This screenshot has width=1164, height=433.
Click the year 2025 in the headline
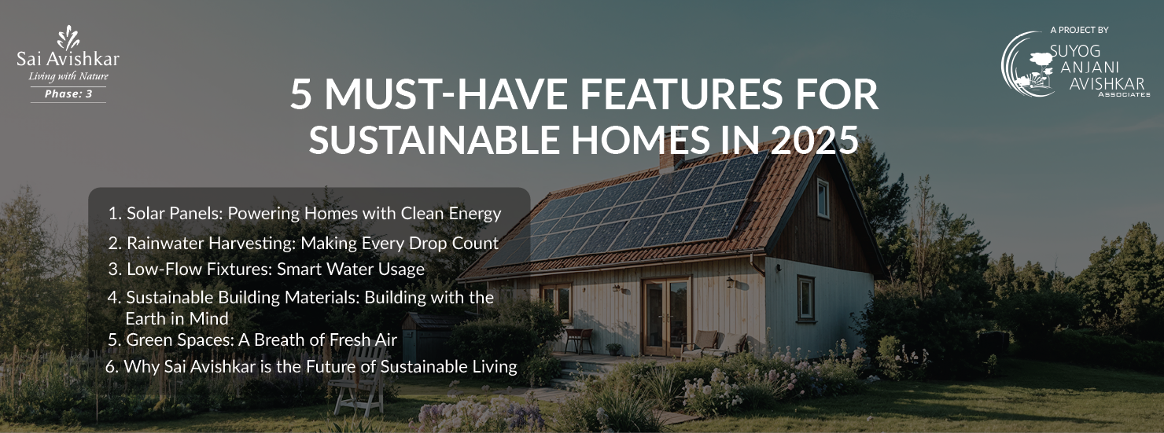click(x=814, y=139)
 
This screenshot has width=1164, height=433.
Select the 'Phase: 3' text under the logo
click(x=68, y=94)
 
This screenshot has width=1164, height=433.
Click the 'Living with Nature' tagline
click(x=68, y=76)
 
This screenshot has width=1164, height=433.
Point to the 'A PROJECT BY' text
click(x=1079, y=30)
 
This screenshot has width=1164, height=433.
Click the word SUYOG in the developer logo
click(x=1074, y=51)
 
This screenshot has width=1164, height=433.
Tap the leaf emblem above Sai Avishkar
click(x=68, y=38)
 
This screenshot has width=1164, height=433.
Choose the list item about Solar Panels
click(x=305, y=214)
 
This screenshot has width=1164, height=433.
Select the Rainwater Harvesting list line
click(x=304, y=243)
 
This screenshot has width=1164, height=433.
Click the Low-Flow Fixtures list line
click(x=267, y=269)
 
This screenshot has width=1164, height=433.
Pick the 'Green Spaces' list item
click(x=252, y=339)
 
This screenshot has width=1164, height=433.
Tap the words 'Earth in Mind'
click(x=177, y=318)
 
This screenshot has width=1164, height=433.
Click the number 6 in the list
click(x=111, y=366)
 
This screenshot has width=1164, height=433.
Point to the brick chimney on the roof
click(x=672, y=159)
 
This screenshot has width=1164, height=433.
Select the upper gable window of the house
click(x=823, y=198)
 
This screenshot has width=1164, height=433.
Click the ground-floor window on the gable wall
click(x=806, y=299)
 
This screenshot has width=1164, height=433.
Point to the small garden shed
click(x=427, y=338)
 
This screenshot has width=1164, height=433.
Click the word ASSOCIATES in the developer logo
click(x=1124, y=94)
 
